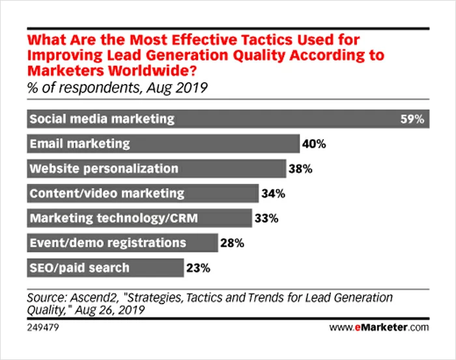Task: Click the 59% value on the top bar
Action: (x=412, y=119)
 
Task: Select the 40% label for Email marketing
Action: (x=313, y=144)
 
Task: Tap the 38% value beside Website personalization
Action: (x=300, y=169)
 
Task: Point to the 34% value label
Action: (x=272, y=193)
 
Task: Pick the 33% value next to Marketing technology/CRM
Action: (x=265, y=218)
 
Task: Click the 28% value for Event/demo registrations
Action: (x=231, y=243)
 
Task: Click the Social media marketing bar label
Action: (x=102, y=119)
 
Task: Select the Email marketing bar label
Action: (x=79, y=144)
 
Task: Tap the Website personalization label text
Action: (x=104, y=169)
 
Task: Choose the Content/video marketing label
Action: (x=107, y=193)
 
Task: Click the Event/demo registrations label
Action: (x=107, y=243)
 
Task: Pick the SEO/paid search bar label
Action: (x=79, y=268)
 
